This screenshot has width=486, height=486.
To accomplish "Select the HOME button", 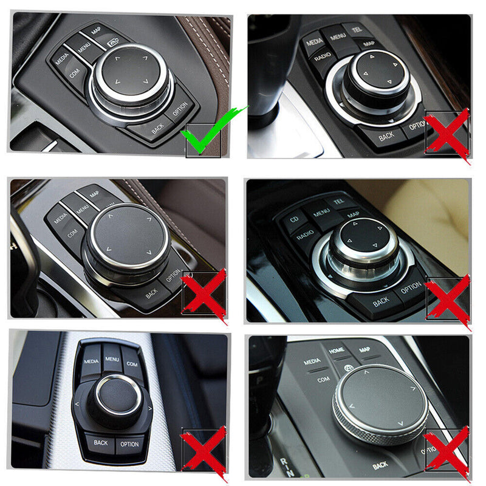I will tap(337, 351).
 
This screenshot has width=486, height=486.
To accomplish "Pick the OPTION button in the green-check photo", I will tap(180, 109).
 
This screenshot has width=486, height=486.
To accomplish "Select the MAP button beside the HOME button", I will tap(364, 351).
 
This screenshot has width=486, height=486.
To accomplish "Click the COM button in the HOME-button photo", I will tap(323, 379).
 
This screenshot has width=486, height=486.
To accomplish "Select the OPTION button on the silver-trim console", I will tap(129, 444).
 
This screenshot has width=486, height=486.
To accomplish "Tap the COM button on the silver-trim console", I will tap(132, 363).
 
